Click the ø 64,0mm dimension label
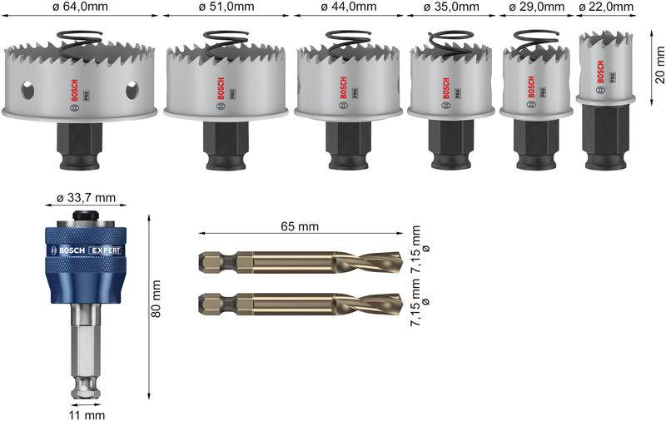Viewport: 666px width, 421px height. point(80,7)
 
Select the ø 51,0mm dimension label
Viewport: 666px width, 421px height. point(226,7)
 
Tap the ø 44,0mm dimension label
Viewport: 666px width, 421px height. point(347,7)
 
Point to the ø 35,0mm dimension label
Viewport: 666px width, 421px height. point(452,7)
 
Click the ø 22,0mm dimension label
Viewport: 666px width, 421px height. point(606,7)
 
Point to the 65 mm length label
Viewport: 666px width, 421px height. point(300,226)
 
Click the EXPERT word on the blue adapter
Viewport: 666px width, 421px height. point(105,250)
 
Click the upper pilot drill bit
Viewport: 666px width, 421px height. point(300,263)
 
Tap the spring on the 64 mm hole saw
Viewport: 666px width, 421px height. point(80,38)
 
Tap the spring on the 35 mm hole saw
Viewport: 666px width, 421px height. point(449,39)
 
